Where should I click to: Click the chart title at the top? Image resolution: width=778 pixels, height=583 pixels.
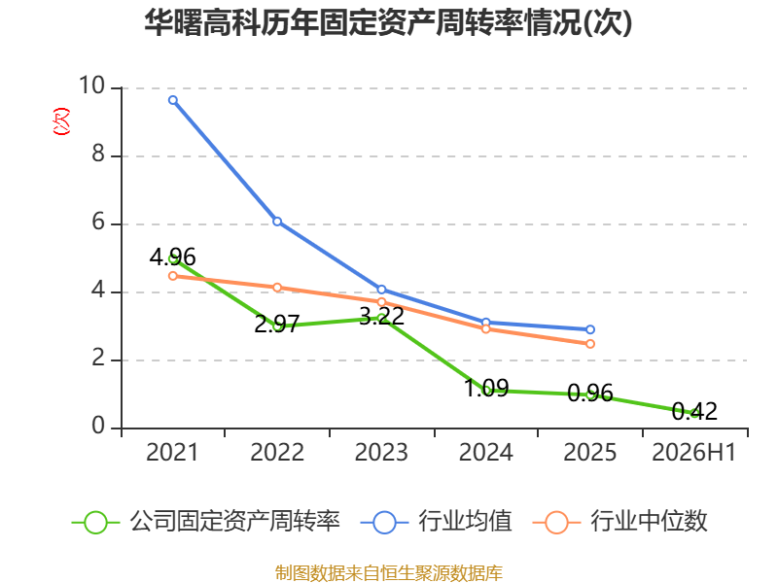[388, 22]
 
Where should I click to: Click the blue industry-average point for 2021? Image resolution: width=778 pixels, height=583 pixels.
[173, 100]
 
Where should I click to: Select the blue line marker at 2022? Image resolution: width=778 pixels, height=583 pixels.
[277, 222]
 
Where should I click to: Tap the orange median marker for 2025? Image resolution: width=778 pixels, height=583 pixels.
[590, 344]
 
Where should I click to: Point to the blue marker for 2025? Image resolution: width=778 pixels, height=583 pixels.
[590, 329]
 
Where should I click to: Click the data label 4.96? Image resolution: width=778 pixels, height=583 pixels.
[173, 257]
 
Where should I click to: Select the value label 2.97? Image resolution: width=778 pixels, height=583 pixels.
[277, 325]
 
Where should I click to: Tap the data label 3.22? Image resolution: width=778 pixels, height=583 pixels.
[381, 317]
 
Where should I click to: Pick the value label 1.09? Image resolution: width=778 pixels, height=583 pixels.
[486, 388]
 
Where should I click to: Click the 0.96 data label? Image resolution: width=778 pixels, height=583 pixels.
[590, 393]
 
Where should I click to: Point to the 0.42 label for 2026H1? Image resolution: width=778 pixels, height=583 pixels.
[694, 411]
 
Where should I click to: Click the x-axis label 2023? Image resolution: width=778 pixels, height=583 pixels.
[381, 453]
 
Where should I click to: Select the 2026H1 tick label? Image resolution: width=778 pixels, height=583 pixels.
[693, 453]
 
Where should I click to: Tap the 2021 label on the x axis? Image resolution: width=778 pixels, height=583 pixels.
[172, 453]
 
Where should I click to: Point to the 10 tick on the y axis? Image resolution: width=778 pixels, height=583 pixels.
[91, 86]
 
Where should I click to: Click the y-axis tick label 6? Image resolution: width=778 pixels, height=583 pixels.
[98, 222]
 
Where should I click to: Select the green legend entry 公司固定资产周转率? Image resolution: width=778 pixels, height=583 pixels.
[206, 522]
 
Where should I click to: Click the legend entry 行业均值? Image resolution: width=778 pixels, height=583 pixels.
[436, 522]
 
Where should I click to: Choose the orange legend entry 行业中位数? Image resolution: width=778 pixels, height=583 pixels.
[620, 522]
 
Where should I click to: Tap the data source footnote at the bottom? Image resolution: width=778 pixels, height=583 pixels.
[388, 573]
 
